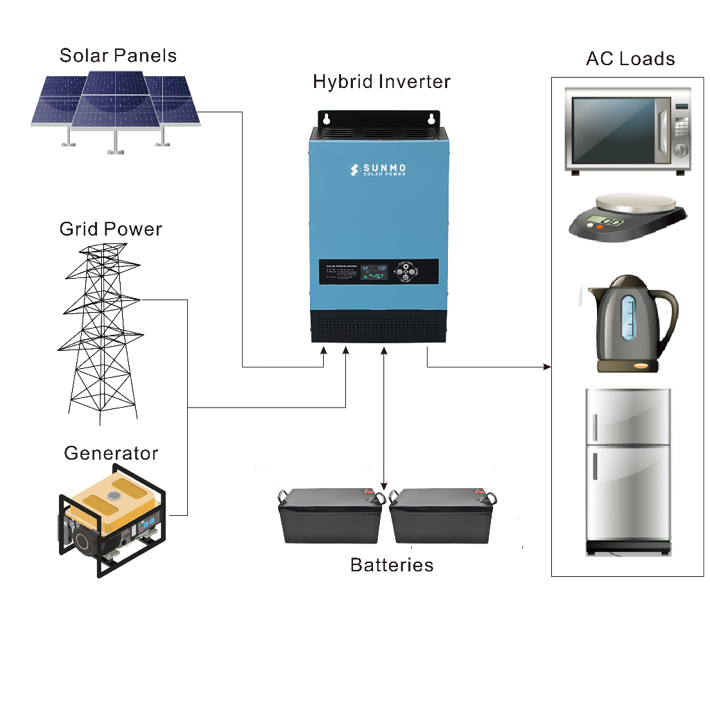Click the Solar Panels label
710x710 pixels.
[118, 55]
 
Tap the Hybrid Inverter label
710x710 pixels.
[381, 82]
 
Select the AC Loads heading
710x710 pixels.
[630, 59]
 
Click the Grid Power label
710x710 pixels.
[111, 229]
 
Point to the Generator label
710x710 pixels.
[111, 453]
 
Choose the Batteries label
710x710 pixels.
[392, 565]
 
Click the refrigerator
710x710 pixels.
[628, 471]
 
